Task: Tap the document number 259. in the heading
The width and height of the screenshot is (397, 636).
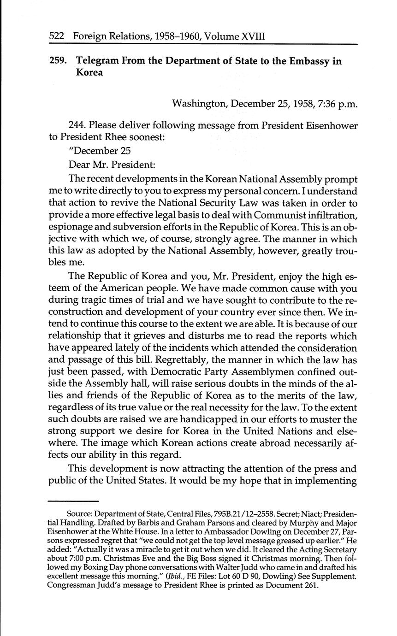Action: [x=59, y=61]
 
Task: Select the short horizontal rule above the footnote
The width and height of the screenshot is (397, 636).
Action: [x=74, y=501]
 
